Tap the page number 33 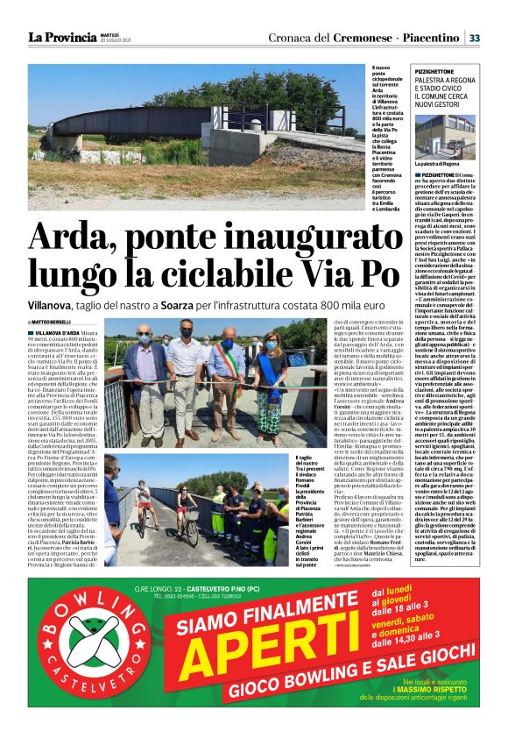[x=474, y=38]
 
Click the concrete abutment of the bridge [x=231, y=145]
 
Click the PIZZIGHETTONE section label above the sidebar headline [x=434, y=67]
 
